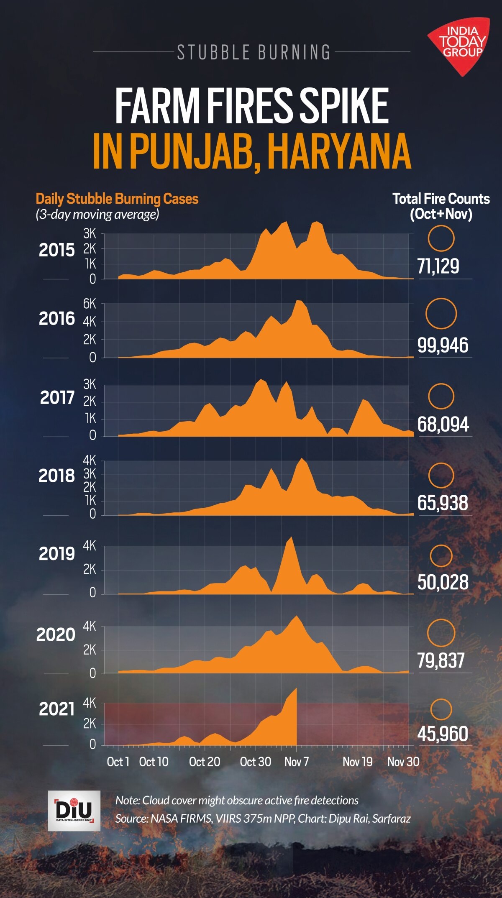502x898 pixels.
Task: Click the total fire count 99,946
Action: (443, 345)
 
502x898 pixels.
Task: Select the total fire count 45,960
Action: (443, 734)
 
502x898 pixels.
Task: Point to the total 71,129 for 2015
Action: (438, 266)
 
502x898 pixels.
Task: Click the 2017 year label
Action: (57, 397)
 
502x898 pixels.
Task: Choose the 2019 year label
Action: (56, 554)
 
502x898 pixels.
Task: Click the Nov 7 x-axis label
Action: (297, 762)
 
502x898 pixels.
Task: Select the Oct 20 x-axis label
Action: (205, 762)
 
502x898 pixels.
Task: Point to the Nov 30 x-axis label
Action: (403, 762)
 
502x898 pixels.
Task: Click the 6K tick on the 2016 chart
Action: (90, 304)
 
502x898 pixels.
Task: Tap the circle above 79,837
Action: (441, 633)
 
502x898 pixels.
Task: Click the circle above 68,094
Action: (441, 396)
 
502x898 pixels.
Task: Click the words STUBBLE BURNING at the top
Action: (254, 52)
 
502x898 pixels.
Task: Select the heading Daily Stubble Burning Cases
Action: (117, 199)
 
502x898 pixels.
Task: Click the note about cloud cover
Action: (237, 800)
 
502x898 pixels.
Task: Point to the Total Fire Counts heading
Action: (441, 199)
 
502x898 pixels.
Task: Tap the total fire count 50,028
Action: (443, 582)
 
